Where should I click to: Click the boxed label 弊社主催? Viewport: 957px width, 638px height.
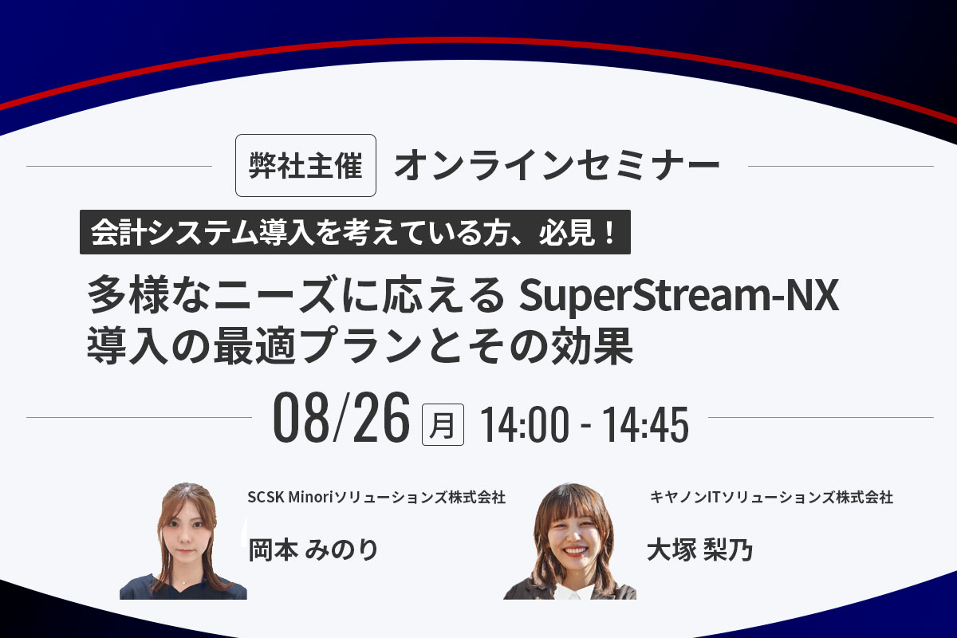[x=305, y=166]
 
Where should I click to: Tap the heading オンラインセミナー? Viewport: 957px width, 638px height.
[x=557, y=165]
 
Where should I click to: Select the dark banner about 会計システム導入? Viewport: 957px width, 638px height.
[x=355, y=232]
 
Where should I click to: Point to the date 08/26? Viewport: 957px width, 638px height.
[x=341, y=417]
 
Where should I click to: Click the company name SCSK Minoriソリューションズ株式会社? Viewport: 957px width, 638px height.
[x=376, y=498]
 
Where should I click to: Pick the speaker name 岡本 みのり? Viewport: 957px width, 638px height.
[x=313, y=549]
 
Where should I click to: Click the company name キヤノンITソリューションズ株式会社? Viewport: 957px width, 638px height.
[x=770, y=498]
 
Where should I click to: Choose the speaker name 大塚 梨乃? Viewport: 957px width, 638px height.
[x=700, y=549]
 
